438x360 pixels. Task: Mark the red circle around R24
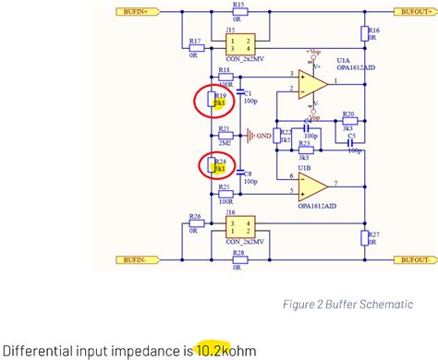pos(219,166)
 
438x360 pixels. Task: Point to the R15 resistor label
pos(238,6)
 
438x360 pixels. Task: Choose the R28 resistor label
pos(238,252)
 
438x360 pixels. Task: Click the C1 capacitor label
pos(247,92)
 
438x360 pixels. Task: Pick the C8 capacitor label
pos(247,174)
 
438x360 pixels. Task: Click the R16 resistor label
pos(373,30)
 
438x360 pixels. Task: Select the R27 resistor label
pos(373,235)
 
